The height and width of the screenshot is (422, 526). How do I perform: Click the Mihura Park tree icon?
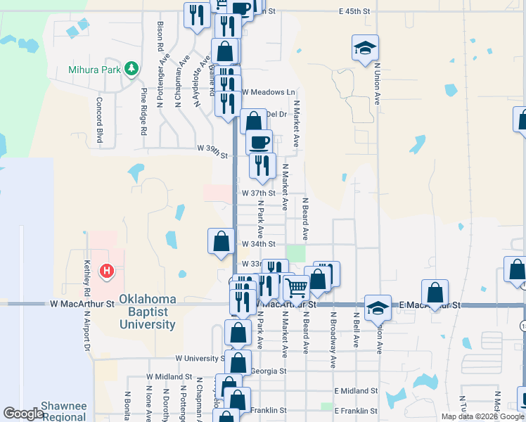(x=130, y=68)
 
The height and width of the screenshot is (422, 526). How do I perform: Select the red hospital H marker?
(x=107, y=270)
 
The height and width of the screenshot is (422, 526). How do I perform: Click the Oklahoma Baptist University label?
(x=147, y=312)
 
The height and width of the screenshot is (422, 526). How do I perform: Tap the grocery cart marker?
(x=296, y=287)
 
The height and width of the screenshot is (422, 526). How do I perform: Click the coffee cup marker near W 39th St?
(x=259, y=141)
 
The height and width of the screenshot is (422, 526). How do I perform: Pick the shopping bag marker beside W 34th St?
(x=222, y=241)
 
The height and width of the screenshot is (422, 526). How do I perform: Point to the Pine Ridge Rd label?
(x=143, y=111)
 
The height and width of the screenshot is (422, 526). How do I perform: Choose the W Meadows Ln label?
(x=269, y=92)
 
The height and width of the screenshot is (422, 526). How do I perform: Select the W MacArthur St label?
(x=82, y=305)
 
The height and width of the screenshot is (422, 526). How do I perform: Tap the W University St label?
(x=200, y=358)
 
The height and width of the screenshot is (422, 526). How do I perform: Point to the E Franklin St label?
(x=359, y=410)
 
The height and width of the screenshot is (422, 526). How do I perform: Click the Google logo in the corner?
(x=23, y=414)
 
